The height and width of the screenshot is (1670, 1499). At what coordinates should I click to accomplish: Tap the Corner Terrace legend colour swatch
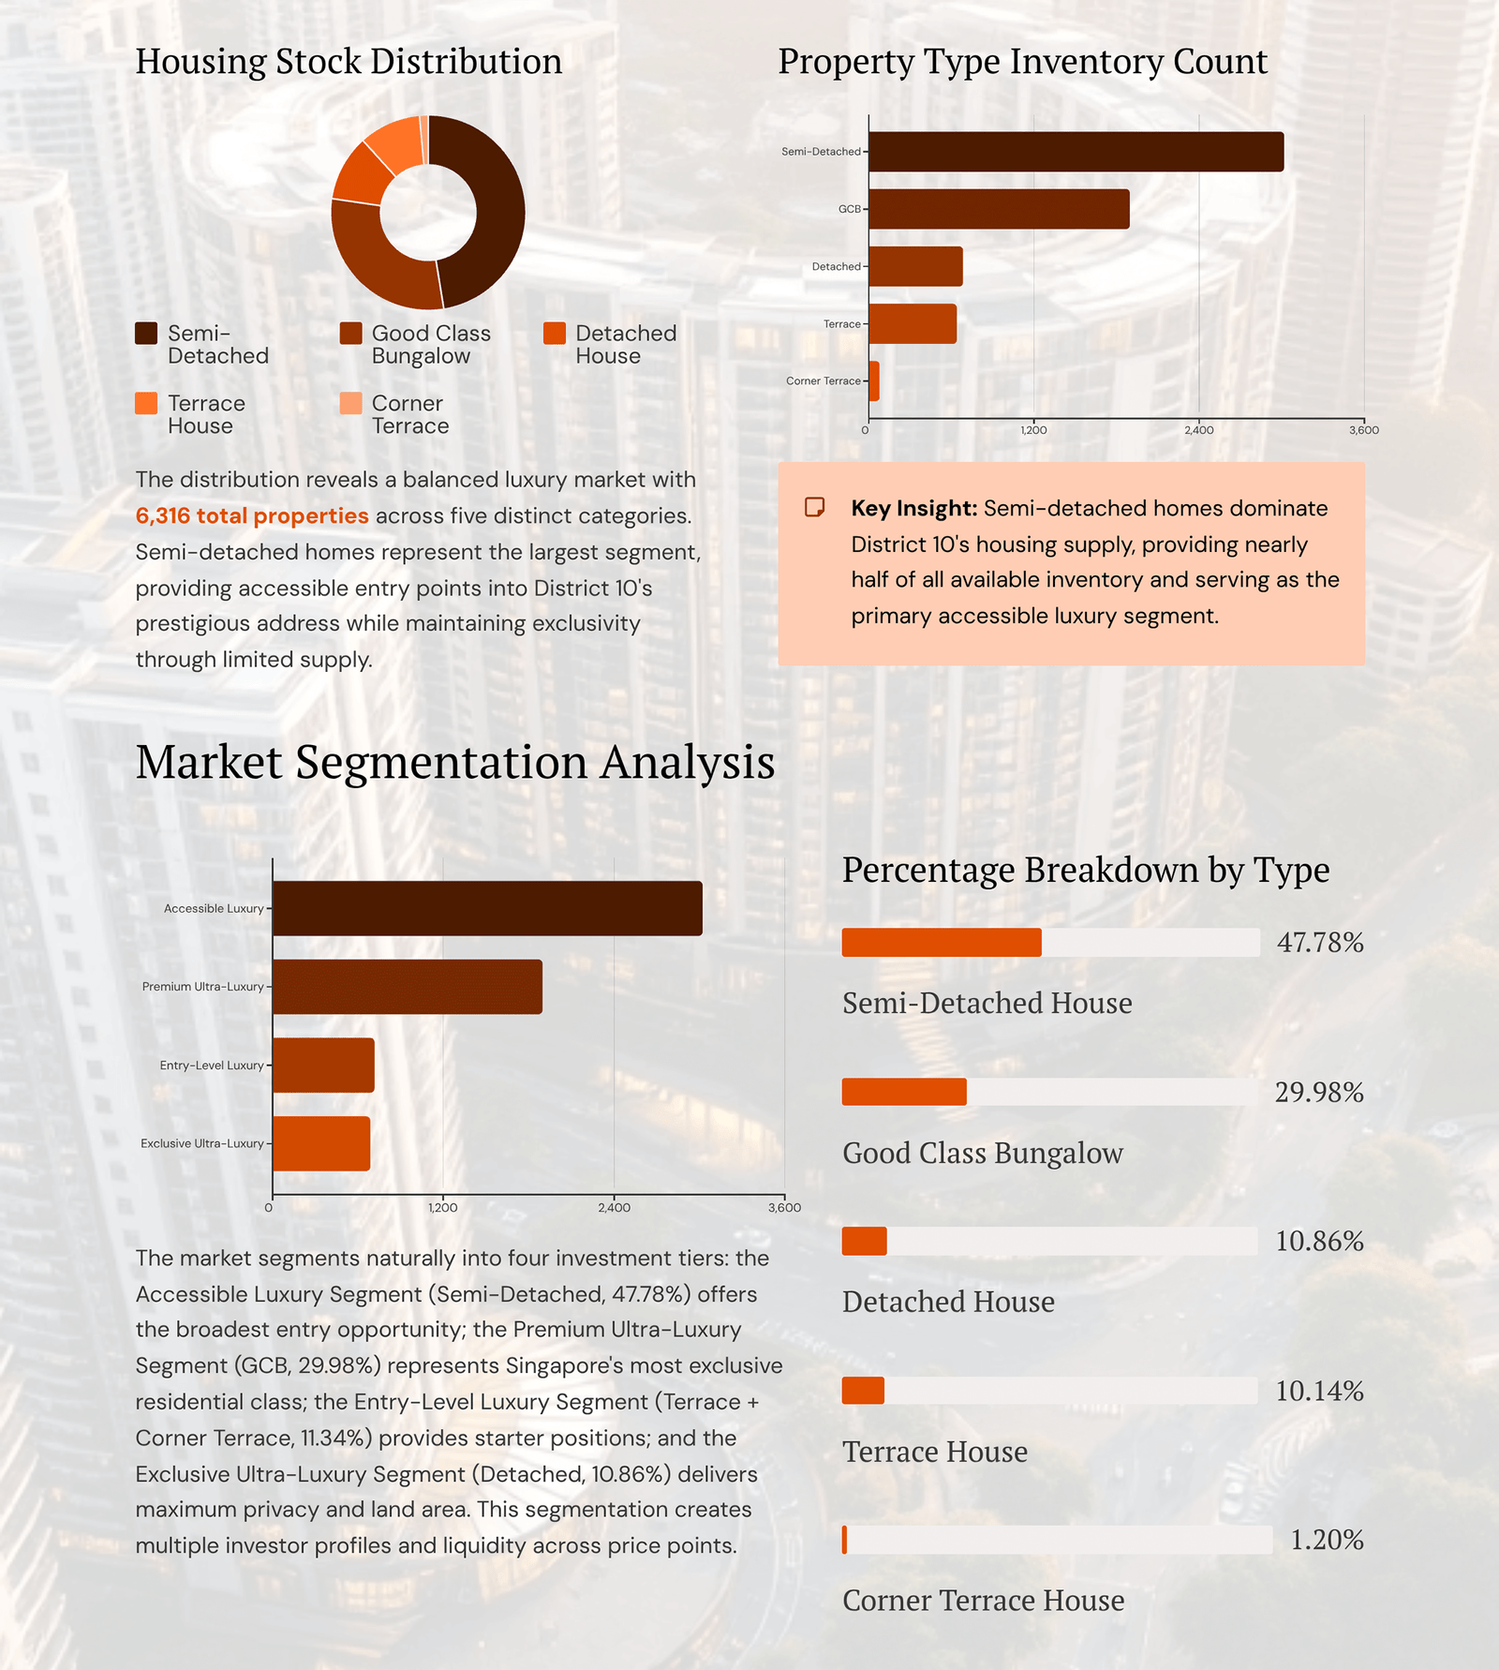350,403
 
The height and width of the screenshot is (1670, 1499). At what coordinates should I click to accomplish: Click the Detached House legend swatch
555,334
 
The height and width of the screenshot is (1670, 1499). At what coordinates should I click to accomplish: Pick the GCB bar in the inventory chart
999,209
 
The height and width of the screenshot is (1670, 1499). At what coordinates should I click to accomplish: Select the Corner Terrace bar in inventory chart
874,381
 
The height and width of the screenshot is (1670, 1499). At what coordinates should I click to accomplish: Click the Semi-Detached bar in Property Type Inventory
1076,152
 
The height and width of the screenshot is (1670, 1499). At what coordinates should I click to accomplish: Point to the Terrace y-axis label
841,324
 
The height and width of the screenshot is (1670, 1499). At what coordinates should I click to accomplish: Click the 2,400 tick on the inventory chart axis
1198,430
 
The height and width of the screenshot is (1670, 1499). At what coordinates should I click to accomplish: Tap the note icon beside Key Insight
814,507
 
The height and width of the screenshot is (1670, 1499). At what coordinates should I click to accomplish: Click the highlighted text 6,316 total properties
252,515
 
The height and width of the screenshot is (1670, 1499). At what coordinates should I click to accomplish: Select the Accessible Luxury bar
487,908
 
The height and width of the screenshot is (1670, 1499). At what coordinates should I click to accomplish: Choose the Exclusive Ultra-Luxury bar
321,1143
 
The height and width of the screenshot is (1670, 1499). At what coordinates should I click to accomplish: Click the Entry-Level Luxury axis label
211,1066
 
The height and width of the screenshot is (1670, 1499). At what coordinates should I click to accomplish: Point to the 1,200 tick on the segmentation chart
442,1207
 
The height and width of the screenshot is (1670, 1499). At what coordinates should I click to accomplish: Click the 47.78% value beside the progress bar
1319,943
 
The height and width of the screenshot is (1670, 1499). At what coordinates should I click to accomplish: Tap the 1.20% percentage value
1327,1540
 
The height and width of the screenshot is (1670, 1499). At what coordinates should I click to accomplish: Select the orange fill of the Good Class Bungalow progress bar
904,1092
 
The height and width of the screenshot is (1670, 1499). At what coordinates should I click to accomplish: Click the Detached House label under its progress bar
948,1302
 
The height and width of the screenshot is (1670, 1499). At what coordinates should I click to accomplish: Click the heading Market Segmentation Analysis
455,762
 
